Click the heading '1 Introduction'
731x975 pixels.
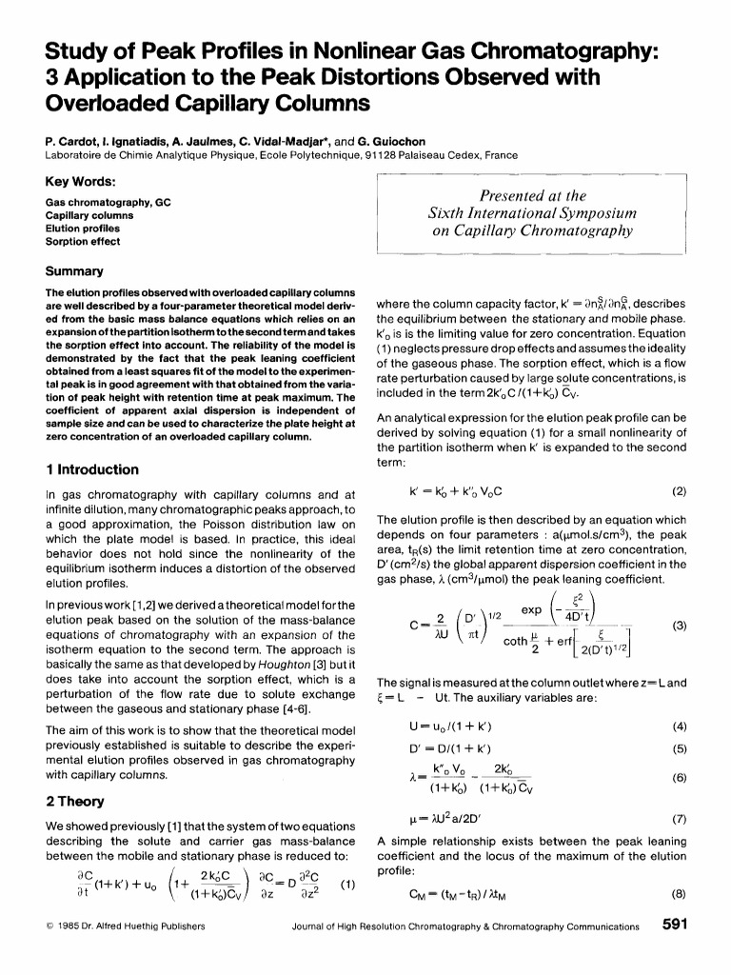[91, 469]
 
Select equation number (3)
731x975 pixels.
[679, 627]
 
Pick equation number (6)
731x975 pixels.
[679, 776]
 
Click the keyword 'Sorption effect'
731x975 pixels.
[84, 242]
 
